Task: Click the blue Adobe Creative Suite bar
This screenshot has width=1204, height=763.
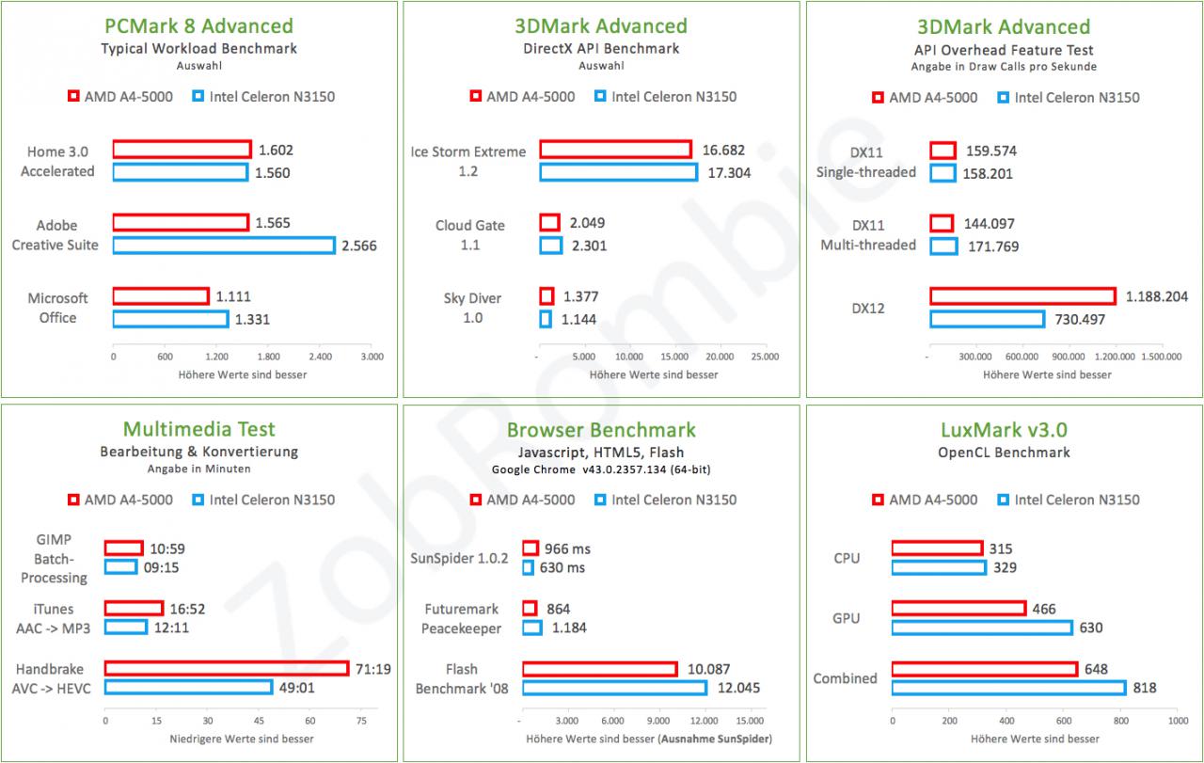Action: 224,246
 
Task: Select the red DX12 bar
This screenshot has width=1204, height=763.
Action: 1022,296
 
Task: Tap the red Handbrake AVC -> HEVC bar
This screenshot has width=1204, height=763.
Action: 227,668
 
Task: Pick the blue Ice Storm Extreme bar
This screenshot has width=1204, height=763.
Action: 619,172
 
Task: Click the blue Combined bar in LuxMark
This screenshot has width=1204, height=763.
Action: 1009,688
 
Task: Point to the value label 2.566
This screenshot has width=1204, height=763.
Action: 359,246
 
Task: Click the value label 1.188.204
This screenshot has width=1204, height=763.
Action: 1157,296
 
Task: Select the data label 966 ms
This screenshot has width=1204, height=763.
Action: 567,548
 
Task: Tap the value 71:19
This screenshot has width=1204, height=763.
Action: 373,669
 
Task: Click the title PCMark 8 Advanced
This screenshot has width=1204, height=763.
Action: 198,25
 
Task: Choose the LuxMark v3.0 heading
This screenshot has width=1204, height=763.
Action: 1004,430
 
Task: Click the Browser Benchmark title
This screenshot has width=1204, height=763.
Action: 601,430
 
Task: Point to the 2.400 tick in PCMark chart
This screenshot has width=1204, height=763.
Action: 321,357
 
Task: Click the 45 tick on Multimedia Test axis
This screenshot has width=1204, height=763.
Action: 259,721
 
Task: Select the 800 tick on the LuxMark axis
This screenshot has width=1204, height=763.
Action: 1120,721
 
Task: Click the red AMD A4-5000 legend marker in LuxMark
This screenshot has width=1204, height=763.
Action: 878,500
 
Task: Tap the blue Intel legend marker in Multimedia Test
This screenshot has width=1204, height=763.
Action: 198,500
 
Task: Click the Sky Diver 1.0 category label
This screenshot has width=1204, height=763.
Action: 472,308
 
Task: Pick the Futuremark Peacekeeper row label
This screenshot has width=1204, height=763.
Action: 461,618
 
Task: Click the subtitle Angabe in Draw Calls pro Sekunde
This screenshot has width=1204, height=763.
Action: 1004,67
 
